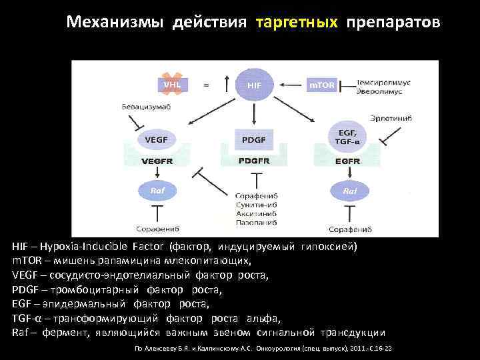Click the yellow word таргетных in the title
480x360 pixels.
tap(296, 23)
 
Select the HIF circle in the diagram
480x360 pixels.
tap(255, 85)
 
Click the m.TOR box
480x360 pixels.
tap(321, 85)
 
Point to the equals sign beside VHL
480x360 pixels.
tap(206, 85)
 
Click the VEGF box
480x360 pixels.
tap(152, 139)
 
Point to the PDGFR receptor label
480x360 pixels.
tap(253, 161)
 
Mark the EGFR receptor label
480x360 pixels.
tap(347, 161)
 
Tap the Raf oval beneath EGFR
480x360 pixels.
tap(350, 191)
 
